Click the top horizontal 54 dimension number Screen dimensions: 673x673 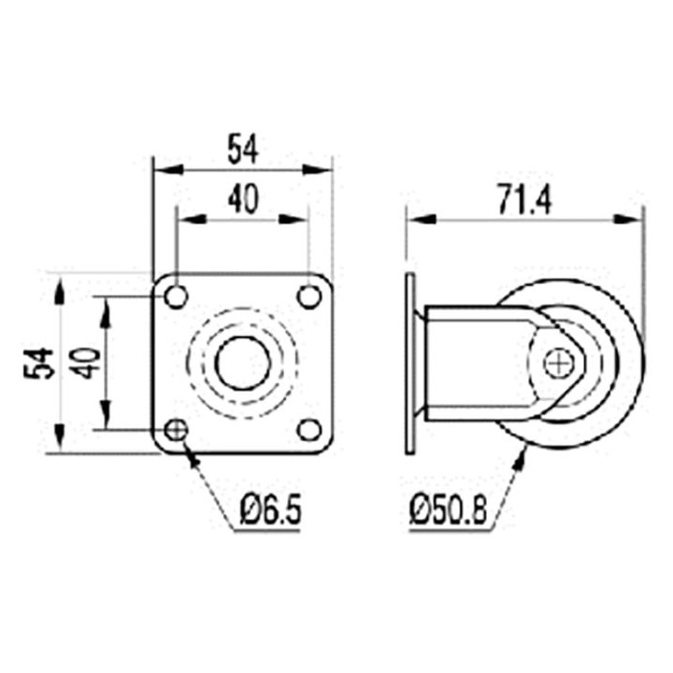(x=243, y=149)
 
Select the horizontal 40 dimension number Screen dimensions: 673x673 (x=243, y=199)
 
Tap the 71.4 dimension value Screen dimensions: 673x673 (x=524, y=200)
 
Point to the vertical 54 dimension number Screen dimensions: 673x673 (x=38, y=363)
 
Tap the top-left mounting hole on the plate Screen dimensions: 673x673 (x=176, y=296)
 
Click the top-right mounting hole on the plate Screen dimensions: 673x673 (x=309, y=296)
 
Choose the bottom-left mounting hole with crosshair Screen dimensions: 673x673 (x=176, y=429)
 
